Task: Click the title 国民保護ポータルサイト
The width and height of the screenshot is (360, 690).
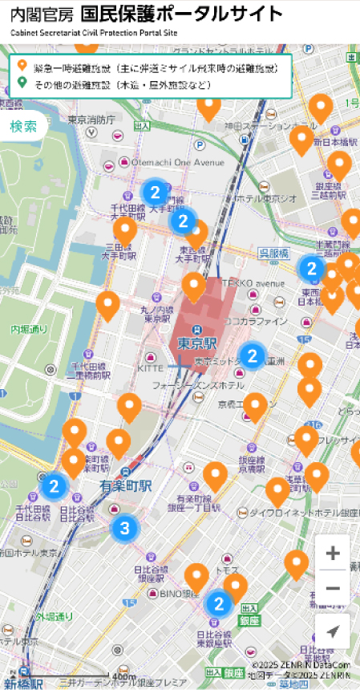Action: tap(182, 14)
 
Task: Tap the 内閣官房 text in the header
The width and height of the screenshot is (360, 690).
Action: tap(39, 14)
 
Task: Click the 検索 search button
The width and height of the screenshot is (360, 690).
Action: tap(23, 127)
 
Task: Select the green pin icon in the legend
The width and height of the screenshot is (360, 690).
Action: tap(22, 83)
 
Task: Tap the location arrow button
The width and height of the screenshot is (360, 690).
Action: tap(333, 631)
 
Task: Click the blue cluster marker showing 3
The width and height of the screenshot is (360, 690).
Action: tap(124, 528)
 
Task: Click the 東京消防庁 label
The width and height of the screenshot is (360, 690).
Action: tap(91, 120)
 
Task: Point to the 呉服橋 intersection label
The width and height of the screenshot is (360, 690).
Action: tap(273, 253)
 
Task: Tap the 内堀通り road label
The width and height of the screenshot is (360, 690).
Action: tap(30, 329)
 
